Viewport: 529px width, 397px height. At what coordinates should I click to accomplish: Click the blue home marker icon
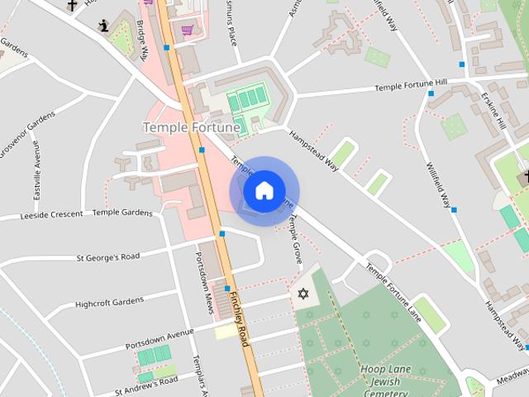coord(264,191)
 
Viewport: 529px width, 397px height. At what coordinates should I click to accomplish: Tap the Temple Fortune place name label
coord(192,127)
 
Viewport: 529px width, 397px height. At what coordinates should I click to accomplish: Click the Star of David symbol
coord(302,294)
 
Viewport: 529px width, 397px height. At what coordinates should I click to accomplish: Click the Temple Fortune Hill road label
coord(410,86)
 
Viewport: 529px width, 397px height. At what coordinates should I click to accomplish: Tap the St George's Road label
coord(108,257)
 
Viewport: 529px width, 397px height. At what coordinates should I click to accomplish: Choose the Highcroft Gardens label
coord(109,303)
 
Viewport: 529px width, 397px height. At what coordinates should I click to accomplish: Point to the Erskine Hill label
coord(492,107)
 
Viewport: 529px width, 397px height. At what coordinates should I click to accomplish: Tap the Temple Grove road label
coord(295,239)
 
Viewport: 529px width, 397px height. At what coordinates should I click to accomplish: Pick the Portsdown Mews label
coord(204,277)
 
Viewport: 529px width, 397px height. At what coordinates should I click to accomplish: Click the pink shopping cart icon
coord(188,31)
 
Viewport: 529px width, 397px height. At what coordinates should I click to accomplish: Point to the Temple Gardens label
coord(122,213)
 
